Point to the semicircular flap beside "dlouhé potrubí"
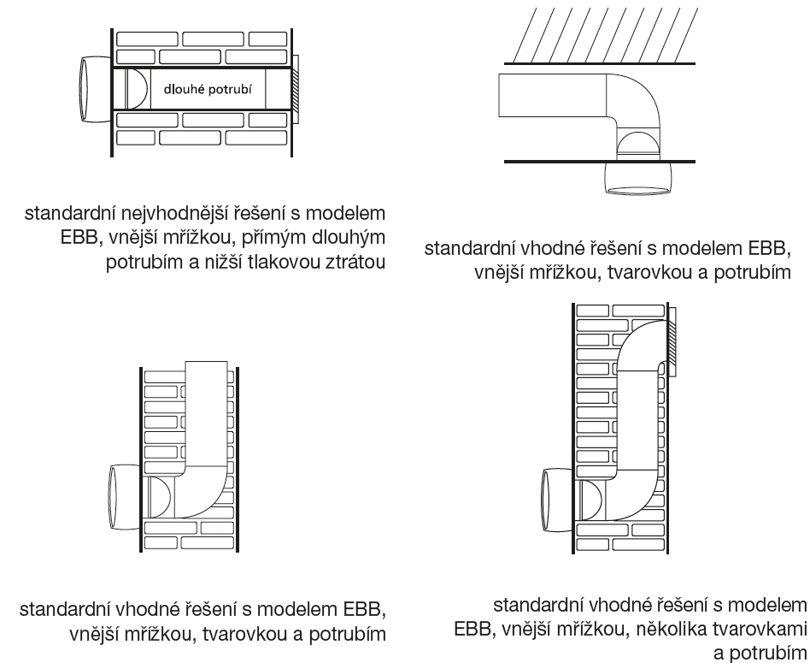(135, 87)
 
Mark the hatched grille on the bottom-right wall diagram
(672, 341)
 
